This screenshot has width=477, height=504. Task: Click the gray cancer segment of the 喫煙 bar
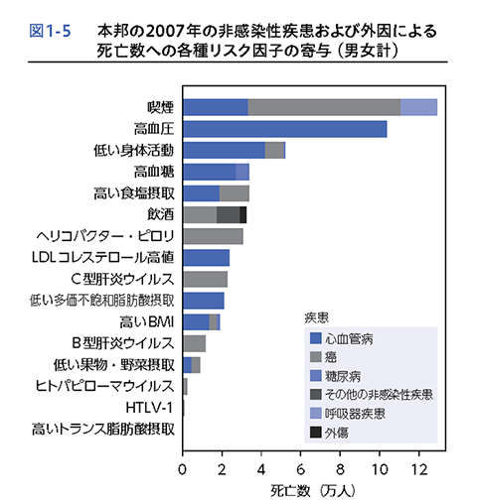tap(324, 107)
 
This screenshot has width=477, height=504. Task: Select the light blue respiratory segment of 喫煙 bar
tap(419, 107)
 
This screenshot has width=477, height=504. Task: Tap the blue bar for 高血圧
tap(285, 129)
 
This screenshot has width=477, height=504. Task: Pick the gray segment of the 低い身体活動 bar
tap(274, 150)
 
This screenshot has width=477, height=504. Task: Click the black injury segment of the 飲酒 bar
tap(243, 214)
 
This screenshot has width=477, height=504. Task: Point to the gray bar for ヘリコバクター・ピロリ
tap(213, 236)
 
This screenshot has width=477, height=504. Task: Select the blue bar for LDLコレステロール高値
tap(207, 258)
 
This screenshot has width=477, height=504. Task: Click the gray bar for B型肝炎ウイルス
tap(195, 343)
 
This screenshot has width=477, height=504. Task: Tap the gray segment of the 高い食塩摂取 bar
tap(235, 193)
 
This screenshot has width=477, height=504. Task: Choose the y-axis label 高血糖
tap(154, 172)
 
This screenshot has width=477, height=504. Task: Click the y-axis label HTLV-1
tap(149, 408)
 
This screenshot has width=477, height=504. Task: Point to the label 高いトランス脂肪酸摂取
tap(102, 430)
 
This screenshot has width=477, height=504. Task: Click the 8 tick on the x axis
tap(340, 452)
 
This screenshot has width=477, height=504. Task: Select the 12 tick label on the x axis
tap(419, 469)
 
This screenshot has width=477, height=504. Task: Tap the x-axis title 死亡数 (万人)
tap(312, 491)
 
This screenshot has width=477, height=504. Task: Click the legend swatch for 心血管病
tap(316, 338)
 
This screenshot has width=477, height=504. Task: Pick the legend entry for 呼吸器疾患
tap(348, 414)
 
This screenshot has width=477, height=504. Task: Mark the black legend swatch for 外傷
tap(316, 432)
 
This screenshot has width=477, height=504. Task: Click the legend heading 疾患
tap(317, 317)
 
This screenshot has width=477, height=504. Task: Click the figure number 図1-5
tap(50, 31)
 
